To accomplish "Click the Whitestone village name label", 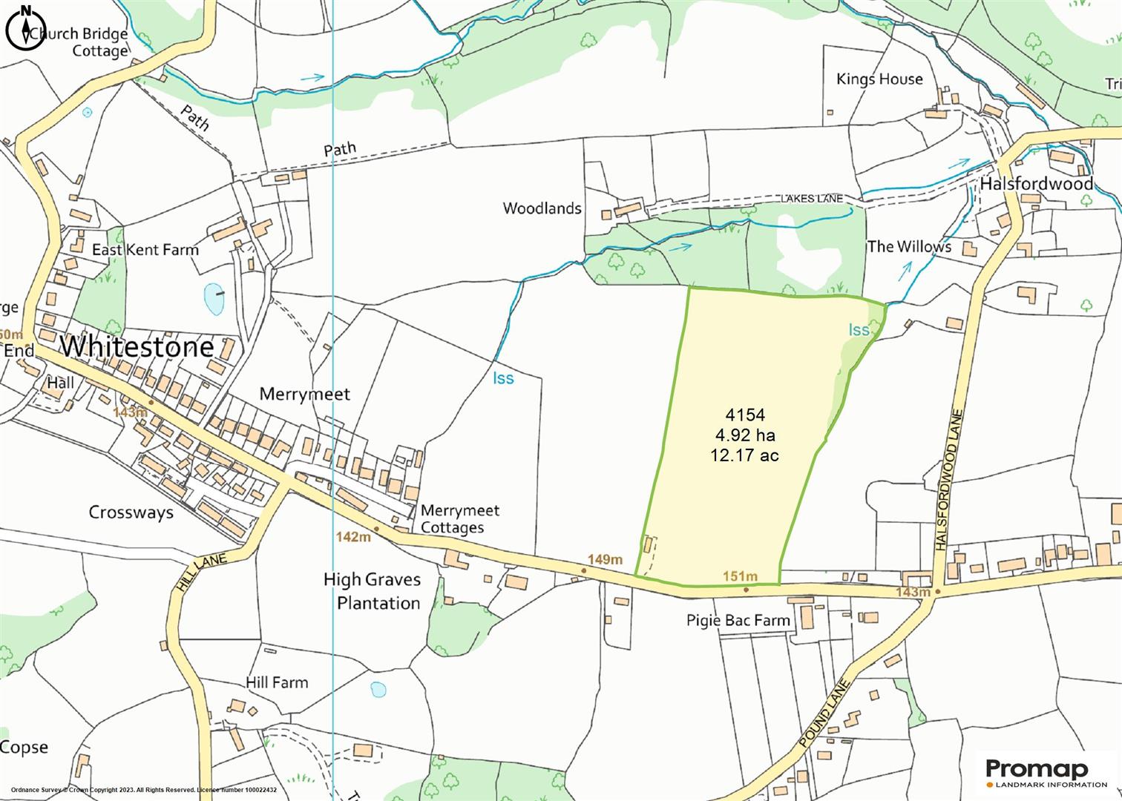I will click(137, 346).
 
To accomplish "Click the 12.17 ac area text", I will click(744, 455).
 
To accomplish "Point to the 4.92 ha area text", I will click(744, 435).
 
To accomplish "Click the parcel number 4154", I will click(744, 415).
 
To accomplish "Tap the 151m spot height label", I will click(740, 576).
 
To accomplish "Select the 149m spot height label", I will click(605, 559).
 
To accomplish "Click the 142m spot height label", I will click(352, 536).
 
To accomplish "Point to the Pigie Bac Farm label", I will click(738, 620).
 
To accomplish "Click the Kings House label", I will click(879, 79).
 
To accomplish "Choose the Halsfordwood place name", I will click(1037, 183).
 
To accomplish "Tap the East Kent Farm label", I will click(145, 249).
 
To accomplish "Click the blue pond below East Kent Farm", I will click(214, 298).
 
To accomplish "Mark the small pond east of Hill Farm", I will click(378, 689).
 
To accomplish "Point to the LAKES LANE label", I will click(811, 198).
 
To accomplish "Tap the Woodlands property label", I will click(542, 208).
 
